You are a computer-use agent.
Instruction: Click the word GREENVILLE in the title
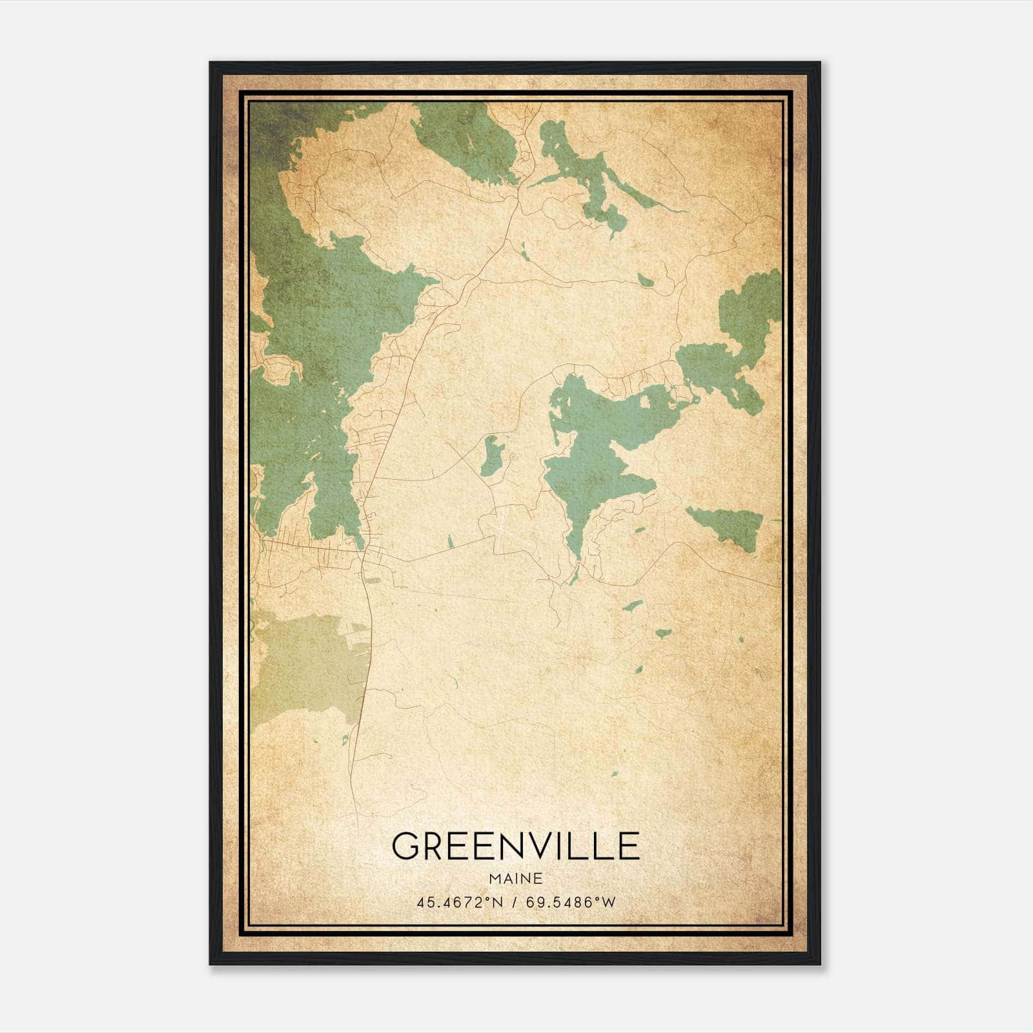click(515, 847)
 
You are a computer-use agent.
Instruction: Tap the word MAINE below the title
click(515, 879)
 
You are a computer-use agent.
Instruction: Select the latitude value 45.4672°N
click(458, 903)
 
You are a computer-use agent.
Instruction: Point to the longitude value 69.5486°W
click(571, 903)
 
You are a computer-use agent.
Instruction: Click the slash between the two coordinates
click(514, 903)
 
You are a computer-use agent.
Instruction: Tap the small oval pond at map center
click(491, 455)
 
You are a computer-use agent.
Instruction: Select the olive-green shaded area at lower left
click(303, 665)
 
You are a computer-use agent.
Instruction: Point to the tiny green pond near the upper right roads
click(644, 280)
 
